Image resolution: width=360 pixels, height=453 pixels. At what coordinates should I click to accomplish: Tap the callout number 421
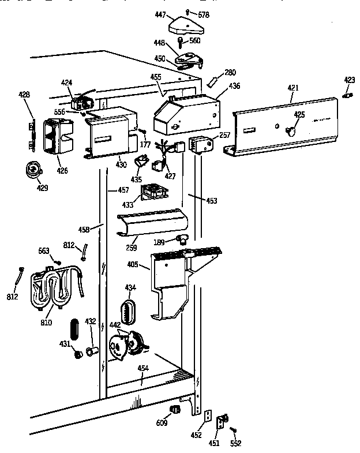coord(293,88)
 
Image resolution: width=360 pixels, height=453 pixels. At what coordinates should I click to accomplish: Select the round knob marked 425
coord(291,132)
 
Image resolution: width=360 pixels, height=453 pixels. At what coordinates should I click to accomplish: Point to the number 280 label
coord(231,72)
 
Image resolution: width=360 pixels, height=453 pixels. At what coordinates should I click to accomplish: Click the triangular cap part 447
coord(184,25)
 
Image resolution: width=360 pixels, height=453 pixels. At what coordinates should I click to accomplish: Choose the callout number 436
coord(235,86)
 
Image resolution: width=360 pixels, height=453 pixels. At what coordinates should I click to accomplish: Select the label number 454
coord(142,368)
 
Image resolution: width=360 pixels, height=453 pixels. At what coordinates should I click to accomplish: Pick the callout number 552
coord(235,443)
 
